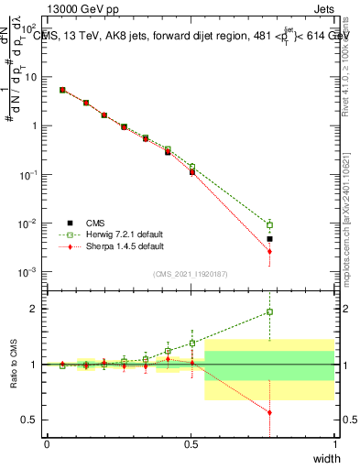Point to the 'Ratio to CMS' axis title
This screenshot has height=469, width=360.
coord(12,365)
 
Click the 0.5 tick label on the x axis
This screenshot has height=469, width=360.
coord(191,444)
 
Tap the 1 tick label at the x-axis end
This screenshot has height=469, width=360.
coord(334,444)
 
